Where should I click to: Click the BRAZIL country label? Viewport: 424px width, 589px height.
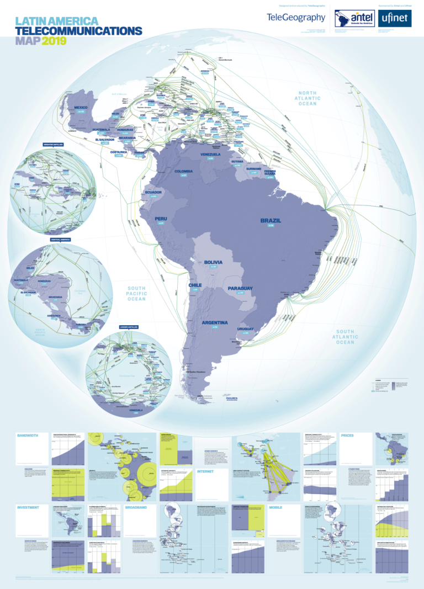pyautogui.click(x=271, y=221)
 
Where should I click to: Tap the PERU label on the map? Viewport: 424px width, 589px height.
pyautogui.click(x=161, y=219)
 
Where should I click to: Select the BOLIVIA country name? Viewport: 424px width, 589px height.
pyautogui.click(x=213, y=262)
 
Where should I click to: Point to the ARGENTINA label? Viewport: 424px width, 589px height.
pyautogui.click(x=215, y=322)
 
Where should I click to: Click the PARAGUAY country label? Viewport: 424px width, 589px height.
pyautogui.click(x=240, y=289)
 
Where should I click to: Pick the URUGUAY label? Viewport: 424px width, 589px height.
pyautogui.click(x=245, y=329)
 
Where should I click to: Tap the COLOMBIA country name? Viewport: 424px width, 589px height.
pyautogui.click(x=183, y=172)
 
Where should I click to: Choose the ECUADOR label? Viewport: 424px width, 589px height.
pyautogui.click(x=153, y=192)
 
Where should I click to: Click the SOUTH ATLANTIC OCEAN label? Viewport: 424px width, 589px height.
pyautogui.click(x=345, y=336)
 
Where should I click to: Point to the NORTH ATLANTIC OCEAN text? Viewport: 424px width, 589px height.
pyautogui.click(x=308, y=98)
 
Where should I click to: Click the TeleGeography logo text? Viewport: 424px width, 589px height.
pyautogui.click(x=296, y=18)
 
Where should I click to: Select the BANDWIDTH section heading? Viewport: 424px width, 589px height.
pyautogui.click(x=28, y=436)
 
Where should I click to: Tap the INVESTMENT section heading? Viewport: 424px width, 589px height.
pyautogui.click(x=28, y=507)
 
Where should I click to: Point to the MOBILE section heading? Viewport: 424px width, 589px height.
pyautogui.click(x=275, y=507)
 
